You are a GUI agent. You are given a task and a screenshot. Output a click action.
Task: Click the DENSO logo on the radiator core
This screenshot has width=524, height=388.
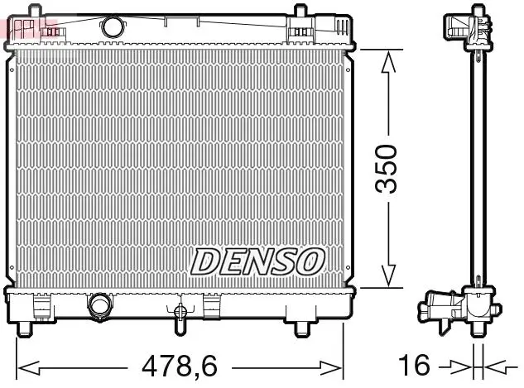[257, 261]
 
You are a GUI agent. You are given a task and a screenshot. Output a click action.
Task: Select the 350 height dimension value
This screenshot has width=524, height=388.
[386, 169]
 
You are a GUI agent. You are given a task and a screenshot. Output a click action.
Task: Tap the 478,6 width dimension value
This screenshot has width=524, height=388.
[180, 366]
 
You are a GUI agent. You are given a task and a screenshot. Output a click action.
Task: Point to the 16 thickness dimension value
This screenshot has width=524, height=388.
[414, 365]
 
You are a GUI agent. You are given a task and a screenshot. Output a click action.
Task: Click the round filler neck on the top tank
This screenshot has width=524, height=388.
[113, 27]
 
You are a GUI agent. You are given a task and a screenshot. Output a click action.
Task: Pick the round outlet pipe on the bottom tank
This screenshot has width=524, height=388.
[99, 305]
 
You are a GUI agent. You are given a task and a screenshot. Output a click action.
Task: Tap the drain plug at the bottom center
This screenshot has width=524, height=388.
[180, 312]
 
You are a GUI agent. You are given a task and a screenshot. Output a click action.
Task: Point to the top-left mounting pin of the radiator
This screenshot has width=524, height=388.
[36, 10]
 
